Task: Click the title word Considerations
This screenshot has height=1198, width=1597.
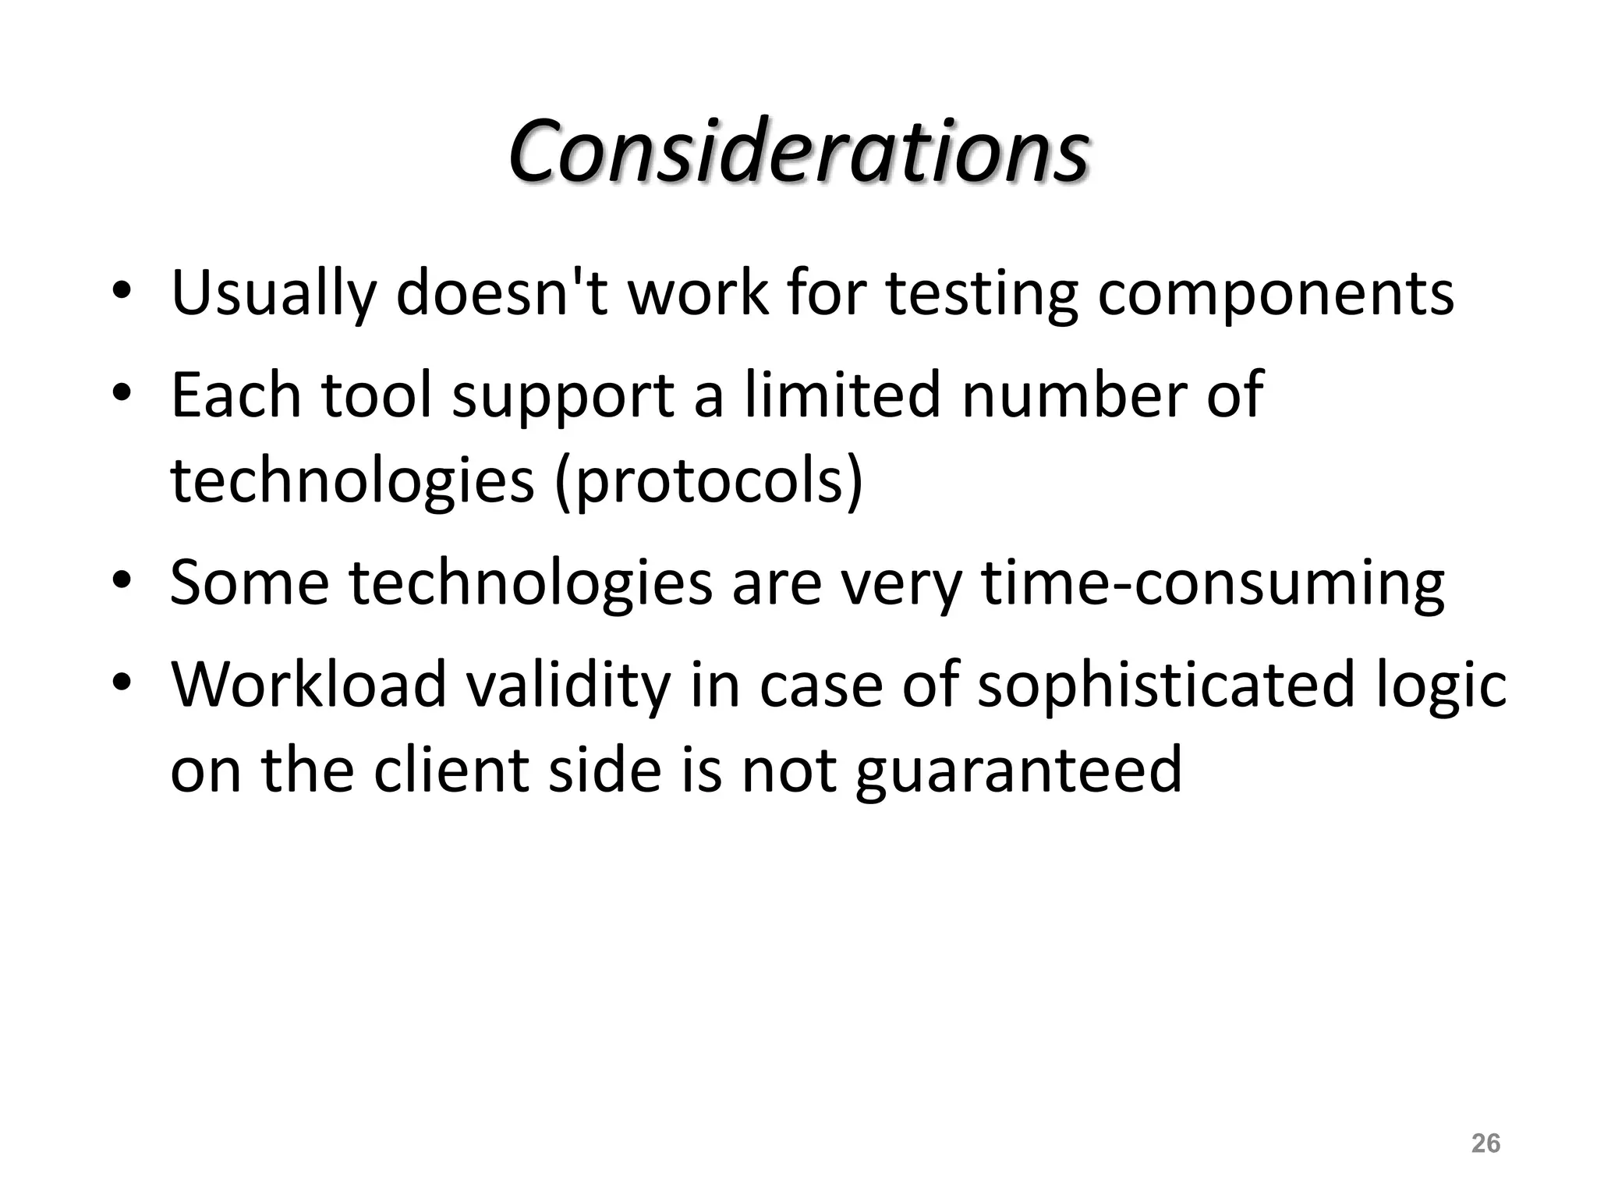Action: [798, 150]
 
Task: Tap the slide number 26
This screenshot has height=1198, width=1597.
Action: [1485, 1143]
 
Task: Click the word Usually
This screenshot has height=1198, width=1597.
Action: [273, 295]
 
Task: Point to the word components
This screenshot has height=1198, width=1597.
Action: [1276, 295]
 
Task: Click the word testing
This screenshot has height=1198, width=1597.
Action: [982, 295]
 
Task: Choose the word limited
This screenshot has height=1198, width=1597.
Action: [843, 395]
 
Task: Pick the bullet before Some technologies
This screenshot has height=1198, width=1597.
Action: [123, 581]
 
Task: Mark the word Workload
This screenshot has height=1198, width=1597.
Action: [309, 685]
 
